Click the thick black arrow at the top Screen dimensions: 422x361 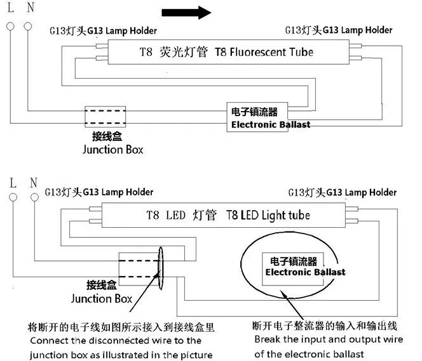tap(186, 13)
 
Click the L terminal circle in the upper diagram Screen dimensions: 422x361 tap(11, 26)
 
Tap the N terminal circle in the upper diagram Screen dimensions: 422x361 tap(28, 26)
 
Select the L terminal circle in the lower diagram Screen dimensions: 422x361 tap(13, 197)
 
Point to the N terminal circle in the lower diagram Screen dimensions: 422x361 tap(34, 197)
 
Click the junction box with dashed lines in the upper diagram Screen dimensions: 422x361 tap(105, 117)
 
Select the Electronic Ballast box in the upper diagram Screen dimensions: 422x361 tap(257, 117)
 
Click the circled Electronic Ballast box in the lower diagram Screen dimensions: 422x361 tap(293, 269)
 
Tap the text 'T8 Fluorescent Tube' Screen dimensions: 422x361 tap(264, 52)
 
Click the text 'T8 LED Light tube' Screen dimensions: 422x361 tap(268, 216)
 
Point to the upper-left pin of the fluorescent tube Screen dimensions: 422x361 tap(102, 46)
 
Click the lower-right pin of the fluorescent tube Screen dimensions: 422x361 tap(355, 58)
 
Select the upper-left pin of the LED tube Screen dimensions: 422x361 tap(95, 209)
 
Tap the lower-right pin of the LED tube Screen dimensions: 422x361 tap(351, 221)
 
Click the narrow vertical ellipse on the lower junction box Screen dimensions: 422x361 tap(161, 268)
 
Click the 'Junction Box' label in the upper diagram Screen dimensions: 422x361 tap(112, 150)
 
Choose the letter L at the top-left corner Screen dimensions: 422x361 tap(11, 7)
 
